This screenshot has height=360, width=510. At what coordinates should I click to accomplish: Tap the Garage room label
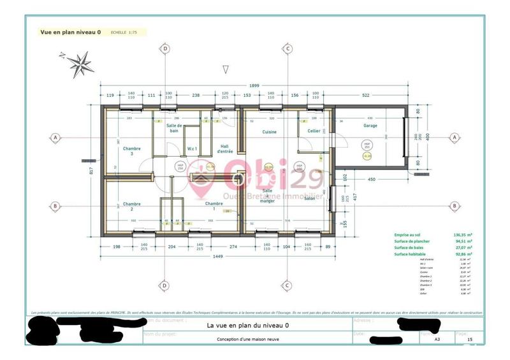370,126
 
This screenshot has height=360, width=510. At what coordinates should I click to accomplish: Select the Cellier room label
314,131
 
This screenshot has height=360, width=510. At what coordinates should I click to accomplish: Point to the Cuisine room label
270,132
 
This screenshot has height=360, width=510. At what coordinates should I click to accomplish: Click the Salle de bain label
175,129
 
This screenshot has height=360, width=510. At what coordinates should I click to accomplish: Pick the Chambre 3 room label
132,150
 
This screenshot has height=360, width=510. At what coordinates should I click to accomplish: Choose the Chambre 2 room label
132,206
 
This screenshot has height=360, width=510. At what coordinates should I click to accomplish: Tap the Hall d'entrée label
226,148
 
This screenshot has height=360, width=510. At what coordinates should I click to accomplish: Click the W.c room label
191,149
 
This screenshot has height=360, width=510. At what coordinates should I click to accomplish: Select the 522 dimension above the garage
366,95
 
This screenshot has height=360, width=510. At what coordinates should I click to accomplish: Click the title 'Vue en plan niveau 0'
71,31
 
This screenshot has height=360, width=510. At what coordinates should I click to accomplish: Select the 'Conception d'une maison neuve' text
249,339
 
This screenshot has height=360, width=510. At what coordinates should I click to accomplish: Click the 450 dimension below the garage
372,179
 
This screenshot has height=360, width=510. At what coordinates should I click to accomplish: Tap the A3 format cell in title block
437,340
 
